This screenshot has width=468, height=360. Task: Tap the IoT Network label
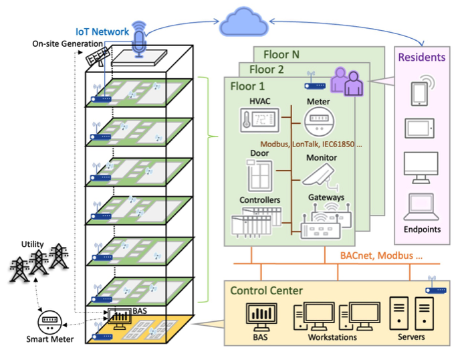click(102, 31)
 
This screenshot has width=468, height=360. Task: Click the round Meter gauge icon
click(318, 123)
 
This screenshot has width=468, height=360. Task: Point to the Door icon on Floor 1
click(257, 177)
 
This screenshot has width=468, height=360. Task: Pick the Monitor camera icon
click(320, 176)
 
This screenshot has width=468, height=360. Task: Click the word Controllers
click(259, 199)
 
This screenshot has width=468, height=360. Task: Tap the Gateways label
click(326, 197)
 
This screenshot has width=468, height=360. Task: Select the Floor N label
click(286, 54)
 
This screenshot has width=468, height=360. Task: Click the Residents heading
click(421, 58)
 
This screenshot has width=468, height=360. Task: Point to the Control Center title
click(266, 290)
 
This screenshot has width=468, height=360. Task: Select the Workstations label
click(332, 337)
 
